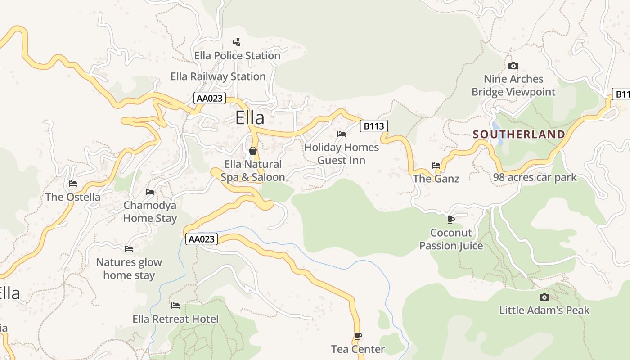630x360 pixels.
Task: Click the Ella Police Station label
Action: pyautogui.click(x=237, y=56)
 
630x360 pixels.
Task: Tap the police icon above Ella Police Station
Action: pyautogui.click(x=237, y=42)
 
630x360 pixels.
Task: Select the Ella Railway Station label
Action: pyautogui.click(x=218, y=76)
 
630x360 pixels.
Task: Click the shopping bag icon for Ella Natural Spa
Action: pyautogui.click(x=253, y=151)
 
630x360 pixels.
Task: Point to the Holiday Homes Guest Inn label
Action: pyautogui.click(x=342, y=154)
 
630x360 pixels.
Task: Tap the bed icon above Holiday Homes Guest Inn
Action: pyautogui.click(x=342, y=134)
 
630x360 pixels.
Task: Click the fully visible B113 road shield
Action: pyautogui.click(x=373, y=126)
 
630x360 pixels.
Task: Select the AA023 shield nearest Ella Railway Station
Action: pyautogui.click(x=210, y=98)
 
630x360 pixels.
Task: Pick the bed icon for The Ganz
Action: pyautogui.click(x=436, y=166)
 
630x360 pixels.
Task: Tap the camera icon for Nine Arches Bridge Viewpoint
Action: pyautogui.click(x=513, y=66)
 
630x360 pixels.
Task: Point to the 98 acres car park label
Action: pyautogui.click(x=535, y=177)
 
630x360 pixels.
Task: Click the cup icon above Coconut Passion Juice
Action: pyautogui.click(x=450, y=220)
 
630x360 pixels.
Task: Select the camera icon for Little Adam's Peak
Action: pyautogui.click(x=544, y=297)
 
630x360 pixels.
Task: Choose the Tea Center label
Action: pyautogui.click(x=358, y=349)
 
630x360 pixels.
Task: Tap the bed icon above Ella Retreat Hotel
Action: pyautogui.click(x=175, y=306)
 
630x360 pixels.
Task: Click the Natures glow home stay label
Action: pyautogui.click(x=129, y=269)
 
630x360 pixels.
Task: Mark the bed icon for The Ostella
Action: pyautogui.click(x=73, y=184)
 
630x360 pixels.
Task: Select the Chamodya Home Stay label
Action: pyautogui.click(x=150, y=212)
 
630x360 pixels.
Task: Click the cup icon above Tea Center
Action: pyautogui.click(x=358, y=336)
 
